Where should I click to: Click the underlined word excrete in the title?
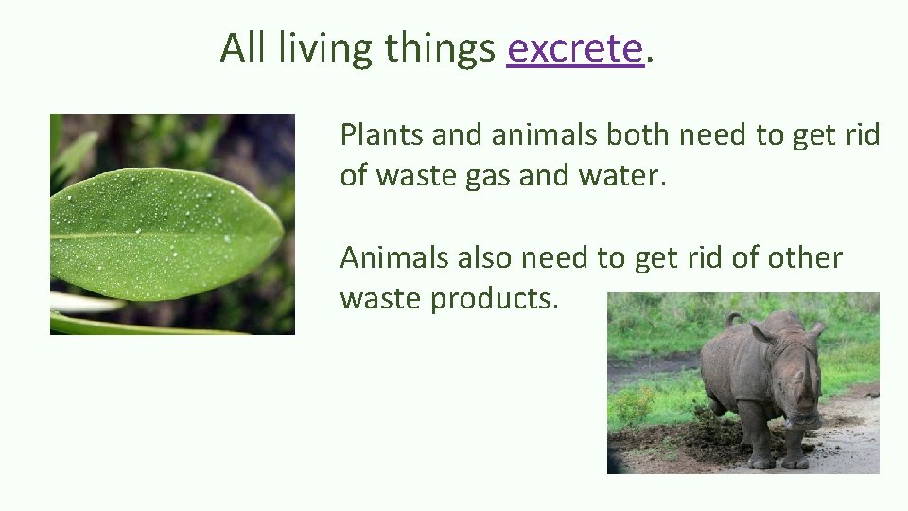point(575,48)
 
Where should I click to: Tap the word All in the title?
point(244,48)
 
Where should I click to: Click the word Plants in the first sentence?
point(381,136)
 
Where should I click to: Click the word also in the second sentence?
point(480,257)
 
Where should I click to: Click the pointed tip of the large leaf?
point(280,231)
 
